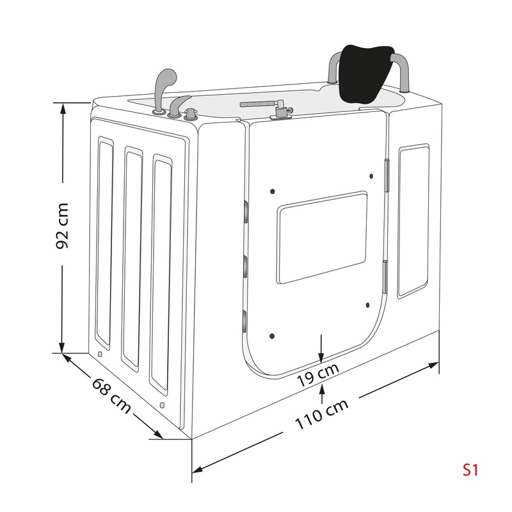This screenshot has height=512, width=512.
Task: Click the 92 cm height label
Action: pos(62,226)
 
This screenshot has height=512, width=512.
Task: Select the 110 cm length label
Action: pos(322,414)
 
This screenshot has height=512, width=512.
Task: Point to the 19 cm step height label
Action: pos(318,375)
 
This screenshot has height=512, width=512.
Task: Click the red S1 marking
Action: pos(470,470)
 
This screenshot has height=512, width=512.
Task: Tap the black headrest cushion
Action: pos(365,73)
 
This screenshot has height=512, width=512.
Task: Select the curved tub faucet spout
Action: pos(177,106)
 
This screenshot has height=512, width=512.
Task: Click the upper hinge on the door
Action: pos(387,175)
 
